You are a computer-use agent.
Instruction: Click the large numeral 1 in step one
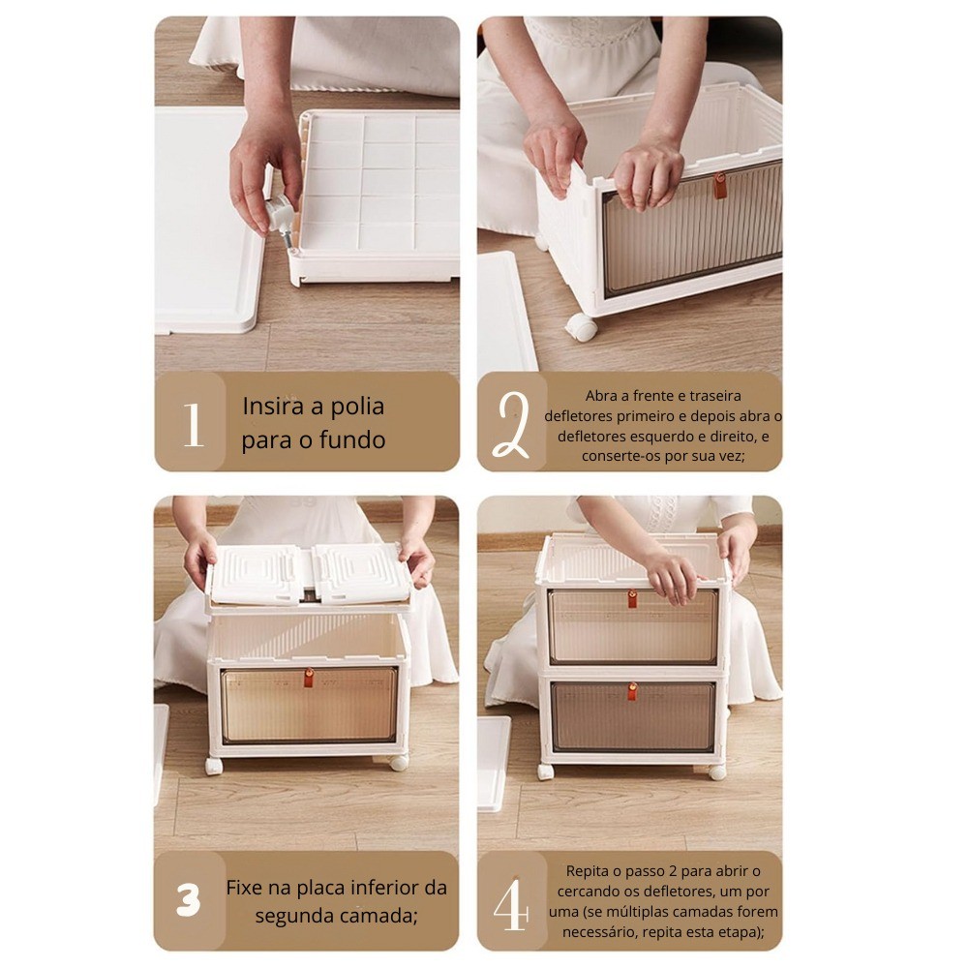pyautogui.click(x=194, y=424)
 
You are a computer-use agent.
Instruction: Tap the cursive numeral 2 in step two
pyautogui.click(x=512, y=425)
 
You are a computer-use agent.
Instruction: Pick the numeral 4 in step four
pyautogui.click(x=512, y=904)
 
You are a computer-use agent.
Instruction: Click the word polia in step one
pyautogui.click(x=357, y=407)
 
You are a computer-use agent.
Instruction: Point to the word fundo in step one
pyautogui.click(x=352, y=440)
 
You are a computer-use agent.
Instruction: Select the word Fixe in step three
pyautogui.click(x=243, y=888)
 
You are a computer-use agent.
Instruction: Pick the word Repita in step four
pyautogui.click(x=589, y=872)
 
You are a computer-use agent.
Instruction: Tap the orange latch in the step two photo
pyautogui.click(x=720, y=186)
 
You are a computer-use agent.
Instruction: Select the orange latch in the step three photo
pyautogui.click(x=309, y=678)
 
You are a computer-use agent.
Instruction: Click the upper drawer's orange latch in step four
pyautogui.click(x=632, y=599)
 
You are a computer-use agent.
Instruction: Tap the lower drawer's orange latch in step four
pyautogui.click(x=632, y=691)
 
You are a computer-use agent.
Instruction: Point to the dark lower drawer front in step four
pyautogui.click(x=633, y=716)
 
